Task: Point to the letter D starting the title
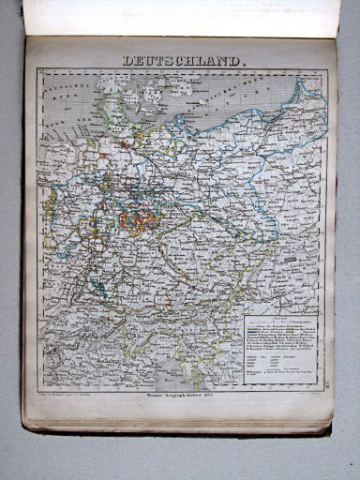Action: pos(127,60)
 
